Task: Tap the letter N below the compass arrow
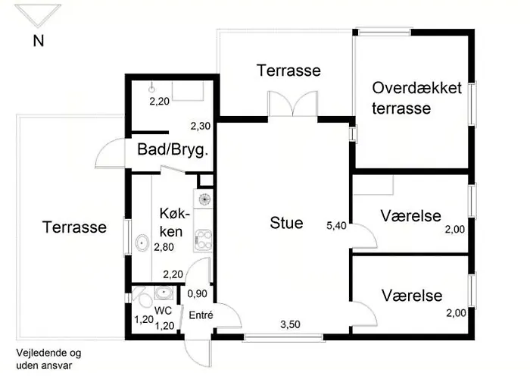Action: (x=39, y=41)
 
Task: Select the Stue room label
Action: (x=286, y=223)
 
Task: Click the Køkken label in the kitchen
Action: (x=173, y=222)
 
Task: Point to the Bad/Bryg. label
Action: (x=173, y=149)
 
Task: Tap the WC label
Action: (x=163, y=310)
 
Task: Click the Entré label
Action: (x=201, y=315)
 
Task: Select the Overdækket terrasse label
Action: (x=416, y=98)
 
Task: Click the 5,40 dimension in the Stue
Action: (x=336, y=225)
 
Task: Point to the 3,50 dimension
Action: (x=290, y=324)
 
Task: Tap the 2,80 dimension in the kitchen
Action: (x=164, y=247)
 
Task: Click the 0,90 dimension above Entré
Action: (x=197, y=293)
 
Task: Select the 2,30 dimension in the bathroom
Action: (x=201, y=126)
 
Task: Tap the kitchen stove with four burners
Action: (x=203, y=240)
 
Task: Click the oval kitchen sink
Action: (x=142, y=243)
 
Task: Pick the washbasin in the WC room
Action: (x=164, y=292)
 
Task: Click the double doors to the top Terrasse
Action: (x=293, y=104)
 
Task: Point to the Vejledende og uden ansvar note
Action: (x=48, y=359)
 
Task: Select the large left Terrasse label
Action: (x=74, y=227)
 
